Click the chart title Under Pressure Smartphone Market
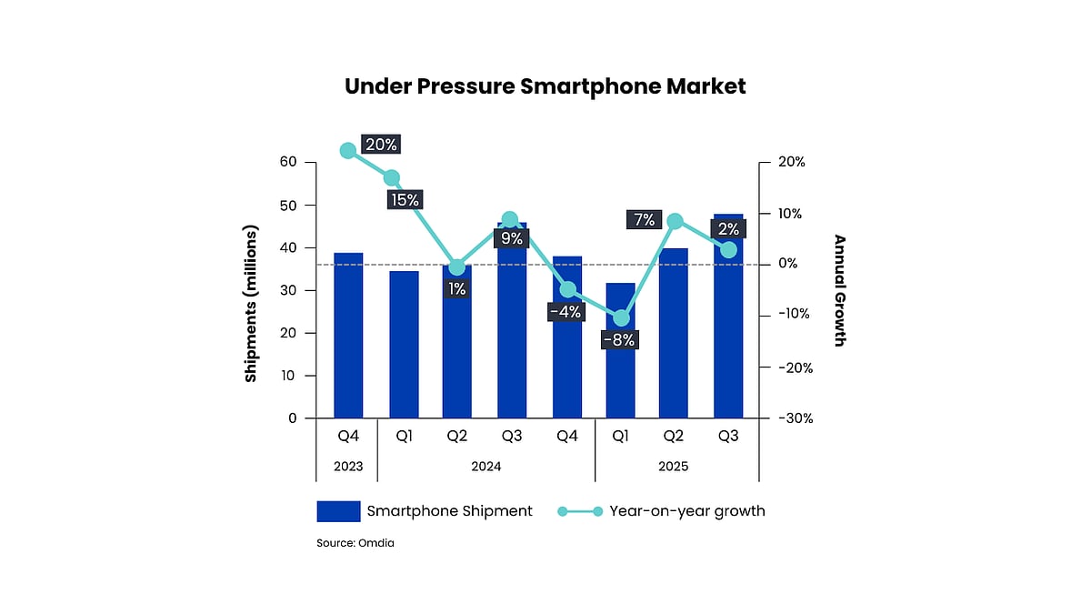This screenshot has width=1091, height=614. click(545, 86)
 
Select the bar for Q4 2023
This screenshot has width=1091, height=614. click(348, 337)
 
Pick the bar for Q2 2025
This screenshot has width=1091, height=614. click(675, 337)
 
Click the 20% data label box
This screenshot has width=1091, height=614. click(380, 144)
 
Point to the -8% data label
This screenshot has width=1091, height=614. click(620, 340)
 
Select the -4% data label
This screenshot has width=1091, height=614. click(566, 312)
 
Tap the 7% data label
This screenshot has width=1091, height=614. click(644, 219)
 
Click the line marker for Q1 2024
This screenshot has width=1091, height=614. click(392, 178)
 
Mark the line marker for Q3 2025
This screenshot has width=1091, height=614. click(728, 250)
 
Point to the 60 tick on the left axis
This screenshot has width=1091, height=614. click(288, 162)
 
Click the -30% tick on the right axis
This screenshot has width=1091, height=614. click(792, 418)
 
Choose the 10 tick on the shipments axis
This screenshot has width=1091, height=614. click(288, 376)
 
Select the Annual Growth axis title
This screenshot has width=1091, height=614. click(839, 291)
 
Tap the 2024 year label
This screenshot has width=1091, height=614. click(486, 467)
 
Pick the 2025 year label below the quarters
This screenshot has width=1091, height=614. click(674, 467)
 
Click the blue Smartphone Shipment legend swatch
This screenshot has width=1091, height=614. click(338, 511)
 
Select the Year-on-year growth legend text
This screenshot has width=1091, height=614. click(687, 511)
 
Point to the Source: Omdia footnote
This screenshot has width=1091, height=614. click(355, 543)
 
